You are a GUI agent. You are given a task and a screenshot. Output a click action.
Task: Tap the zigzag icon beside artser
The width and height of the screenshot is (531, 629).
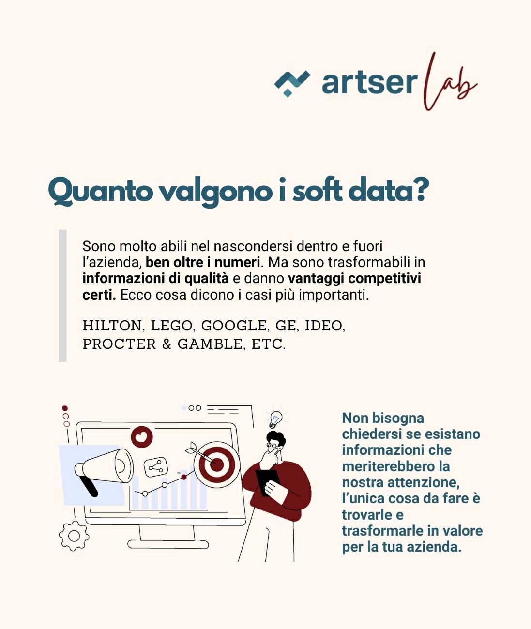[x=292, y=83]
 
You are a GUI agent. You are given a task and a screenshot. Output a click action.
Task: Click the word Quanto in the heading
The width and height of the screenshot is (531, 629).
[x=100, y=192]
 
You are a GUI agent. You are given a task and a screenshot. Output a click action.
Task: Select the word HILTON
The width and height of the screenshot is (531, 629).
[x=112, y=326]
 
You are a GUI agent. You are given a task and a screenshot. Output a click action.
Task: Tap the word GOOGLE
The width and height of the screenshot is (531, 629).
[x=234, y=326]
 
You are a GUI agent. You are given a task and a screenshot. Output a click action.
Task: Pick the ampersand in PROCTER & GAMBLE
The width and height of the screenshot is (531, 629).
[x=167, y=344]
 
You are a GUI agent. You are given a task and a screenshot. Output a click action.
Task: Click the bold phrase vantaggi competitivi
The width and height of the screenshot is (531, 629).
[x=354, y=279]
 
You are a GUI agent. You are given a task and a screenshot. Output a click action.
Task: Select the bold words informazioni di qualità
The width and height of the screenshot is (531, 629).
[x=155, y=279]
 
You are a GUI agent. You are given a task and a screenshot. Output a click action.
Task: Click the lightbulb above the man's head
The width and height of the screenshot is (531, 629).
[x=275, y=419]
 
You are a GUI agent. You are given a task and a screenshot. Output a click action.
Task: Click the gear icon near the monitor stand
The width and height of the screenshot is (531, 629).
[x=74, y=536]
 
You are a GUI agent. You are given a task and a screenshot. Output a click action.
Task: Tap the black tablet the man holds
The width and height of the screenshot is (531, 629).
[x=268, y=481]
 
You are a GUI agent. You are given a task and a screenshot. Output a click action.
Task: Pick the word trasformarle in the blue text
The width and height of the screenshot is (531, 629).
[x=377, y=531]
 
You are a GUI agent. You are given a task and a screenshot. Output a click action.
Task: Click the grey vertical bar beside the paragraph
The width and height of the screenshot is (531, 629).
[x=62, y=296]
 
